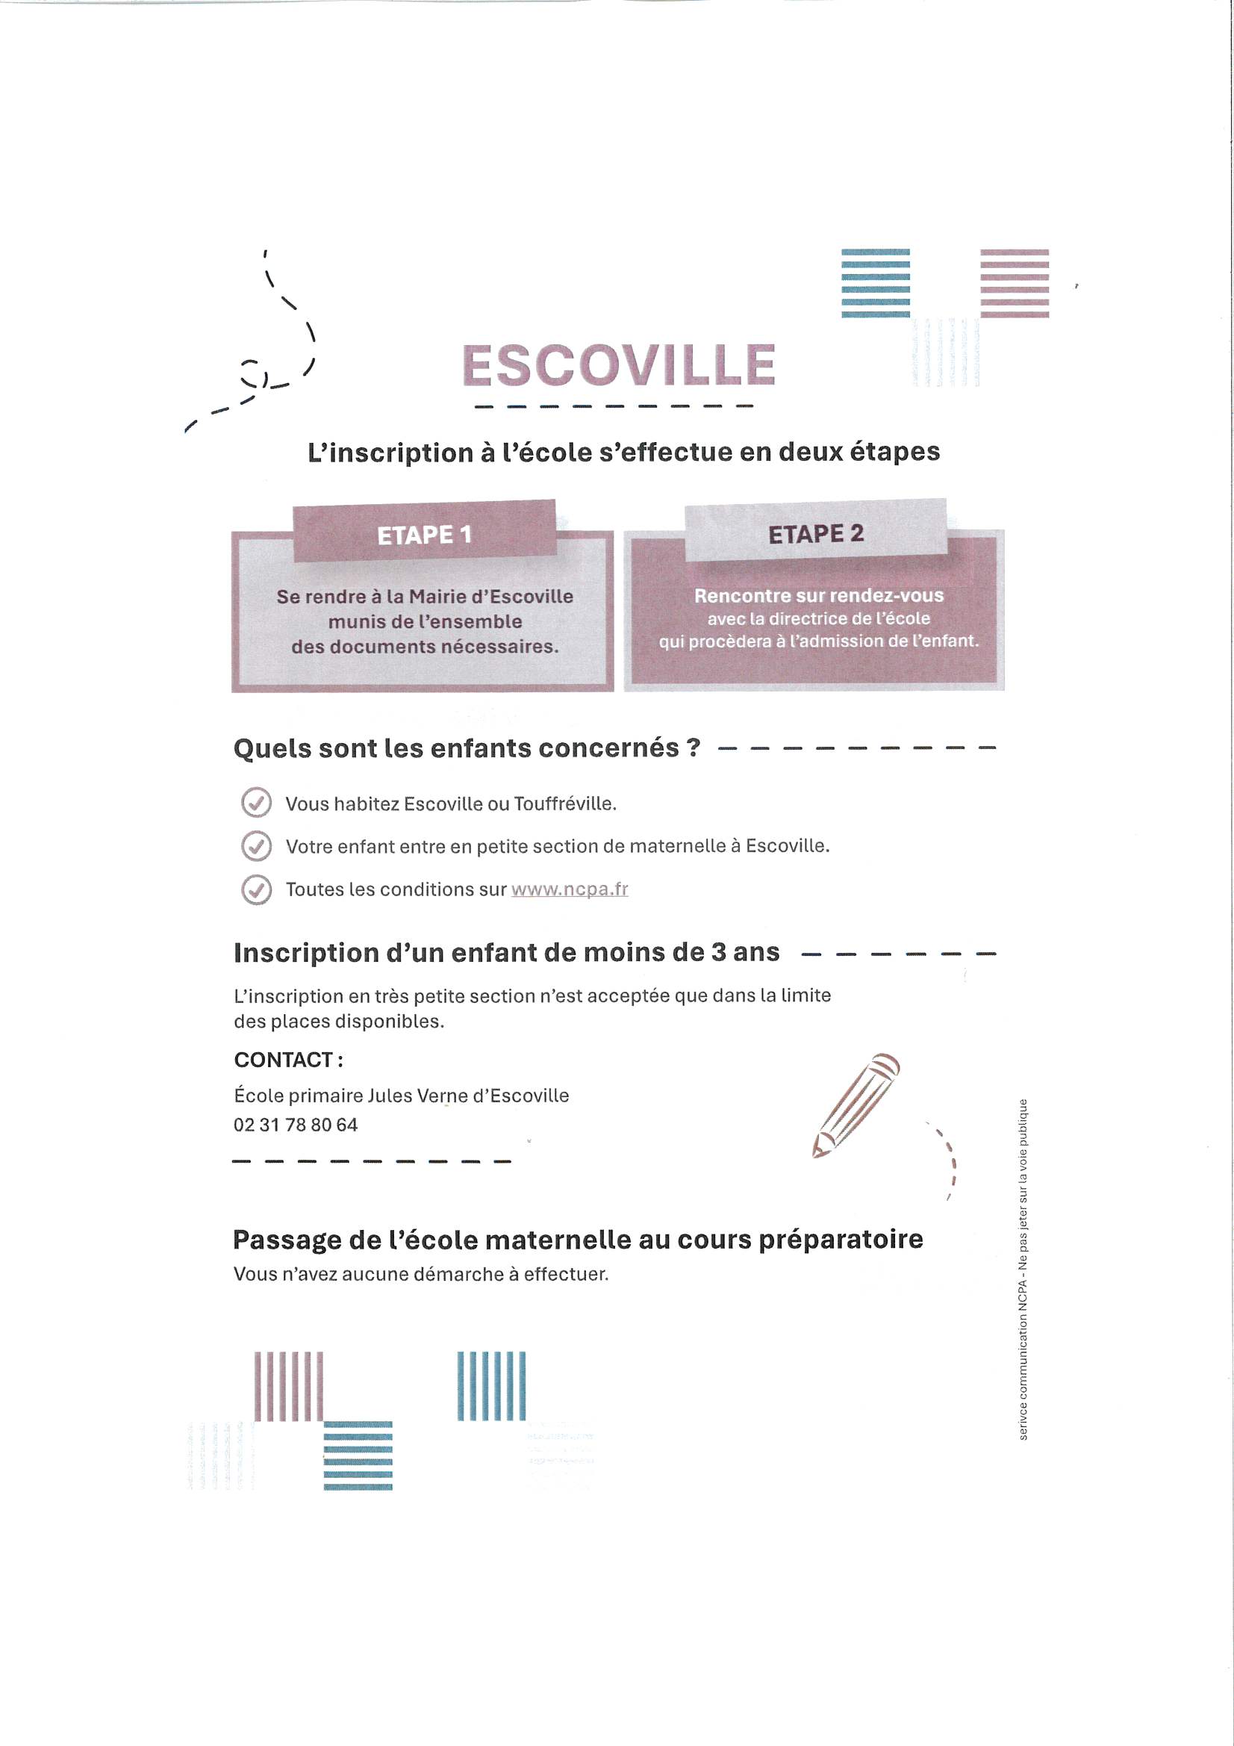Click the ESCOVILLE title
click(x=618, y=365)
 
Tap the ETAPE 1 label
click(x=424, y=535)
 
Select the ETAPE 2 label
click(x=816, y=534)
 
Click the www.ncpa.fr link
click(x=570, y=889)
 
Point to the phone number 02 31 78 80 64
click(x=295, y=1125)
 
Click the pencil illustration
click(x=856, y=1106)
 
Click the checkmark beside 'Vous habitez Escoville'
click(x=256, y=803)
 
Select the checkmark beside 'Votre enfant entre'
click(x=256, y=845)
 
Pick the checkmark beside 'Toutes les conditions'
click(x=256, y=889)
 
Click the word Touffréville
click(x=564, y=804)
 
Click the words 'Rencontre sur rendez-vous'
click(x=819, y=595)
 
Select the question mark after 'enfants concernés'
click(x=692, y=748)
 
